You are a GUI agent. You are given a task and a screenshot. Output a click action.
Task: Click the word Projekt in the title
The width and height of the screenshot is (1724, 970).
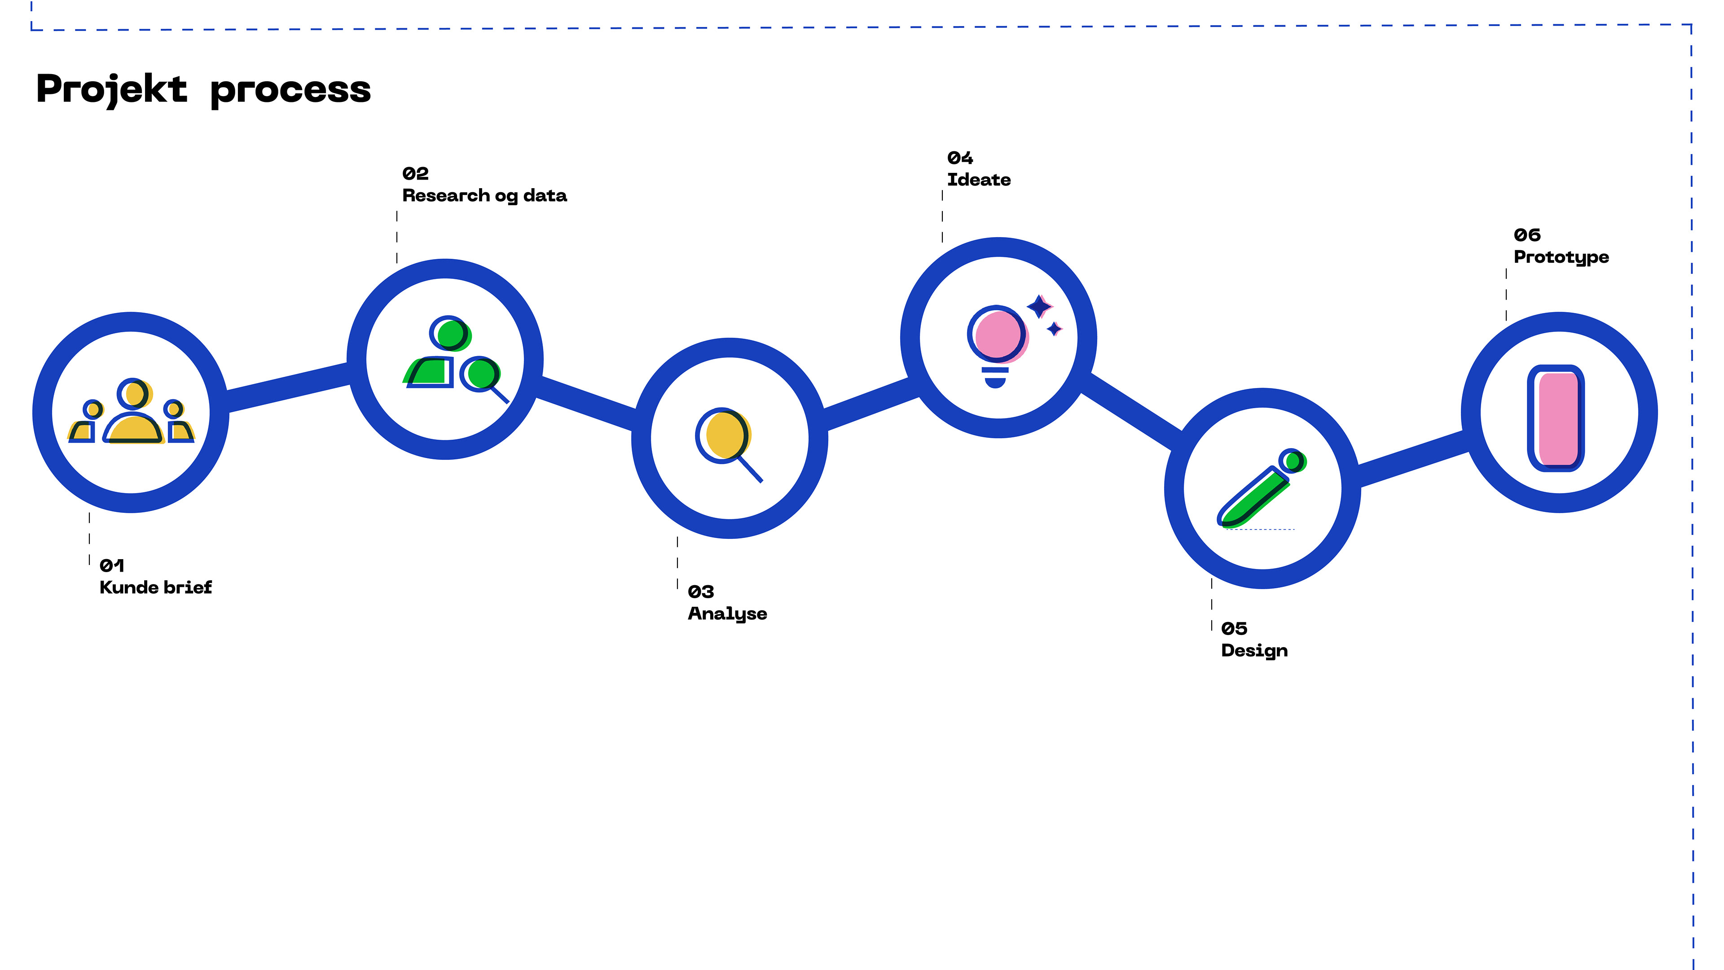[112, 89]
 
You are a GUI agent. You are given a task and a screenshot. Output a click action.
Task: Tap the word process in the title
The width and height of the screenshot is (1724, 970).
[290, 90]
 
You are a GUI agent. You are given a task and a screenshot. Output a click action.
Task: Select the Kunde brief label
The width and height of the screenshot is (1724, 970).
[155, 588]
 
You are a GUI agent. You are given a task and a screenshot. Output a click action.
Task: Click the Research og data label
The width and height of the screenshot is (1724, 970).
[484, 195]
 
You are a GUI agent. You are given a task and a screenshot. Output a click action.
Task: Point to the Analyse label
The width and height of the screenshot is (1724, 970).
[727, 614]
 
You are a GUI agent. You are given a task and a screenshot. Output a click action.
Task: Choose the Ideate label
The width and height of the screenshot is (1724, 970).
[978, 180]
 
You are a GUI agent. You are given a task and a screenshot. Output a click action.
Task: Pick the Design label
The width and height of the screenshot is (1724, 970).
[1254, 651]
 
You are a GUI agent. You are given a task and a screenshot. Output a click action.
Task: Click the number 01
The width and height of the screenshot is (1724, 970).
[112, 566]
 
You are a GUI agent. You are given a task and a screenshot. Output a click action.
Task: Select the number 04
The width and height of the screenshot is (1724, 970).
[960, 158]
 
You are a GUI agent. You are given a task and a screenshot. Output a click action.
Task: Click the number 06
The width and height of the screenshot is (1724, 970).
[1527, 235]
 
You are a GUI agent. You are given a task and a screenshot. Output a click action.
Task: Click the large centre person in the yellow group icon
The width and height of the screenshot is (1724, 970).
[133, 415]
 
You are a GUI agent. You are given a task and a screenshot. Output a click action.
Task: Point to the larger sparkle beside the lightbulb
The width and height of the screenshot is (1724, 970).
[1039, 307]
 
